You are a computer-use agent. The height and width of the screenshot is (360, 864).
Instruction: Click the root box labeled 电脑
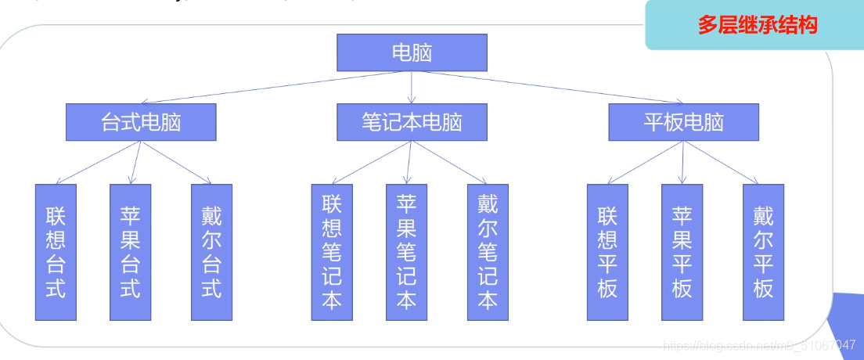(412, 52)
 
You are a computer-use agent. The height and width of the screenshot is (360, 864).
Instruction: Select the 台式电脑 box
(141, 122)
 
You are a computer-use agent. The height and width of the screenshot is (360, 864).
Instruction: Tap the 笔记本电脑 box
(412, 122)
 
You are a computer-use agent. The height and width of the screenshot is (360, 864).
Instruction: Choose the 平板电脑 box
(683, 122)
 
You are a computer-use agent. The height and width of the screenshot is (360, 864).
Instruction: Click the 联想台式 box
(56, 252)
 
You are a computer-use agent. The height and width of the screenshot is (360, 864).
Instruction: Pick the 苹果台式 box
(131, 252)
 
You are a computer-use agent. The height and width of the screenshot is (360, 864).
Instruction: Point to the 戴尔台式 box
(212, 252)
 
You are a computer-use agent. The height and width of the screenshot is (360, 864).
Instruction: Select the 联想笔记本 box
(332, 252)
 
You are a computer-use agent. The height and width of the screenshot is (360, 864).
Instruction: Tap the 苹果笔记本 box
(407, 252)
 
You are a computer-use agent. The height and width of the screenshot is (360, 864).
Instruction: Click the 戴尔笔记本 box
(488, 252)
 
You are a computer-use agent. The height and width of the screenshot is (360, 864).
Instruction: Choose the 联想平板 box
(607, 252)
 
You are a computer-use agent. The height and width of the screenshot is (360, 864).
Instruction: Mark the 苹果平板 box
(682, 252)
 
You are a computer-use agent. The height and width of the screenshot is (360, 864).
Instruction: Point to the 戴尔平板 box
(763, 252)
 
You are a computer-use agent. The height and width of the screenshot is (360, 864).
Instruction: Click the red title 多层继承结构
(757, 25)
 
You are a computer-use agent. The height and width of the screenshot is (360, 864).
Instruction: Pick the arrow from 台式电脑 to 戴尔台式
(176, 162)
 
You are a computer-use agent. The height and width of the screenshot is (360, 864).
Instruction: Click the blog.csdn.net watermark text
(758, 345)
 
